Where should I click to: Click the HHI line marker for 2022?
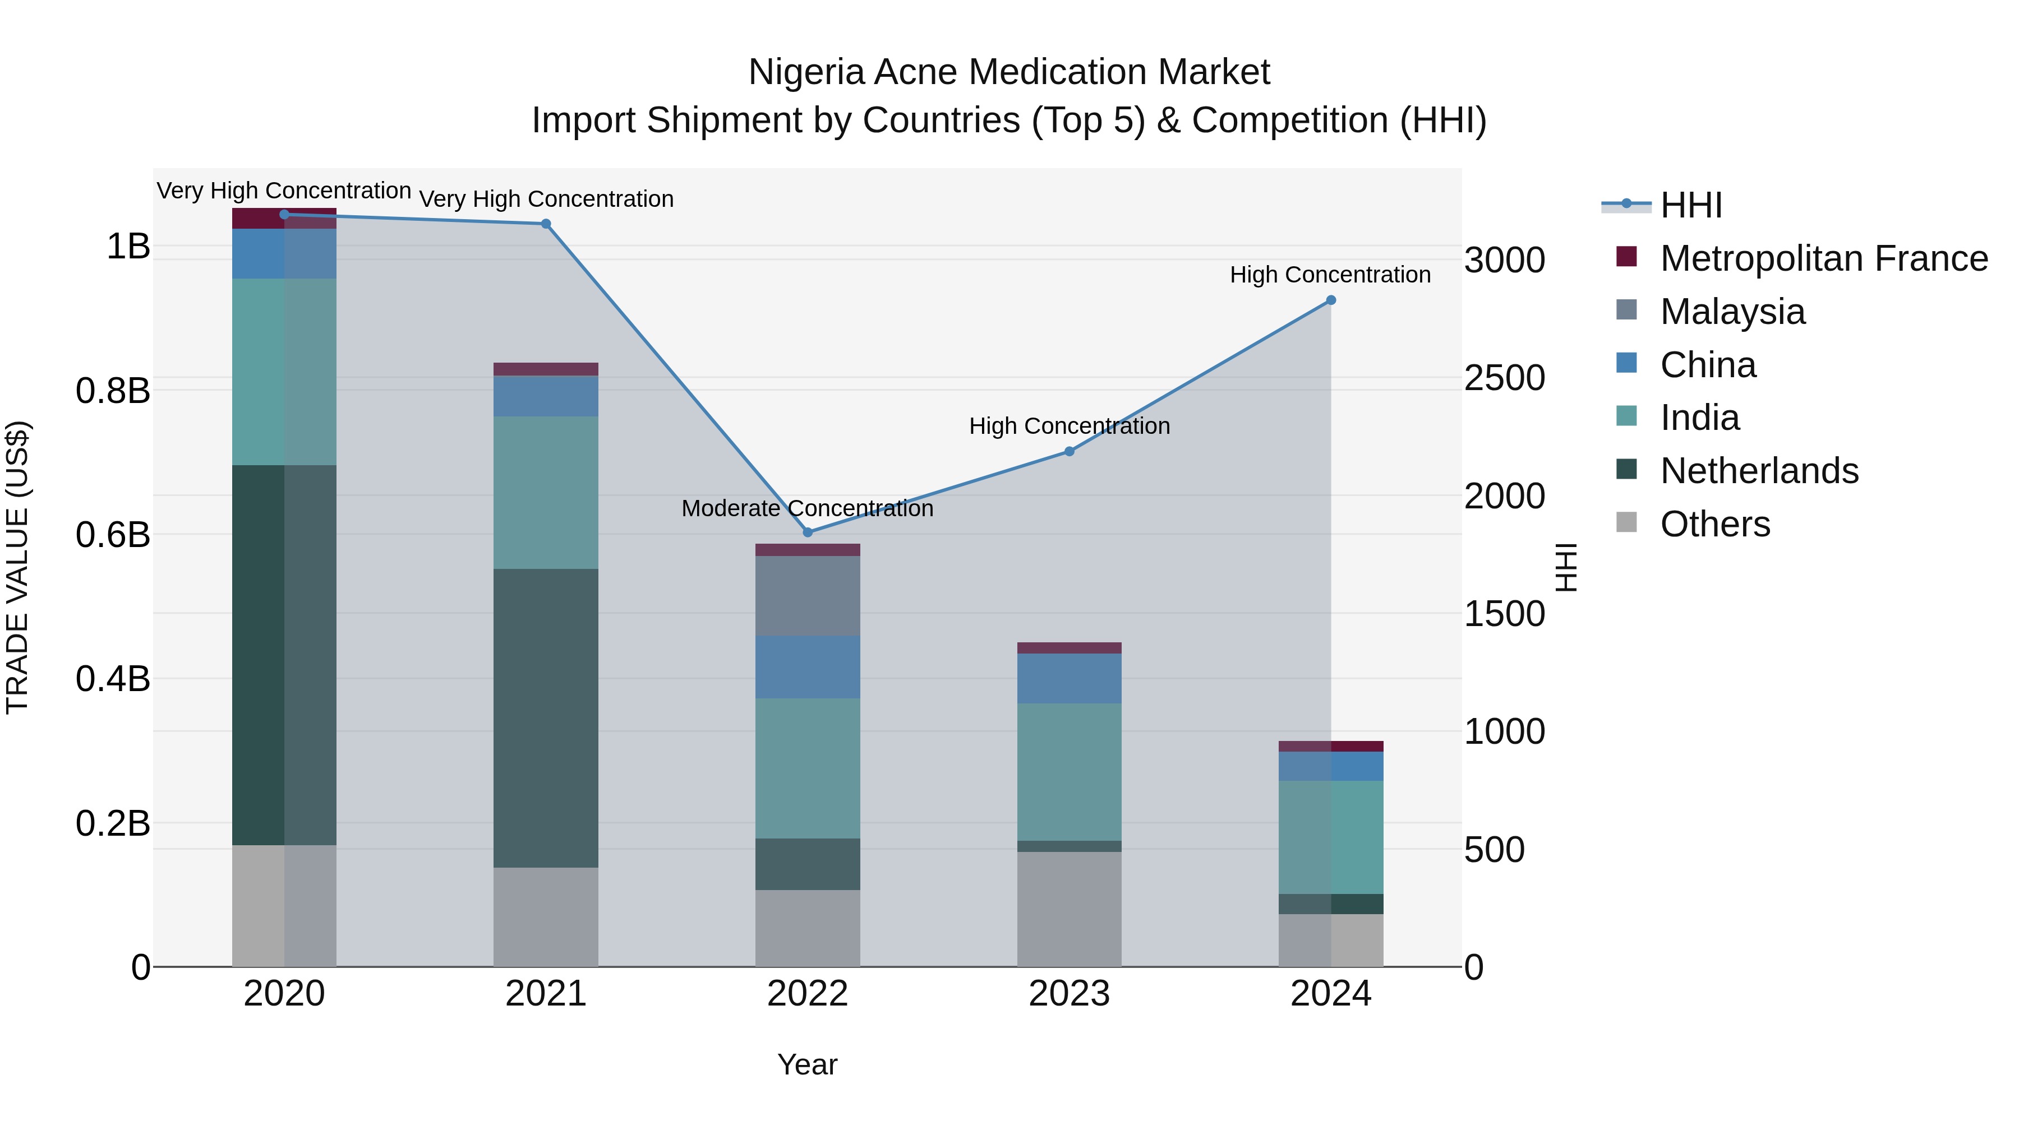click(807, 532)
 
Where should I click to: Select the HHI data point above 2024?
click(1330, 300)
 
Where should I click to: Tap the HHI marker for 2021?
click(546, 224)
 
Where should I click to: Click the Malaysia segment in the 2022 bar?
click(807, 595)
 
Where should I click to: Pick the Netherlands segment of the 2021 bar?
click(546, 717)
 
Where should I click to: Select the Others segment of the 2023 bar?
click(1069, 909)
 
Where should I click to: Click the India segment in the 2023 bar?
click(1069, 772)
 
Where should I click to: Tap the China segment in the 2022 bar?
click(807, 666)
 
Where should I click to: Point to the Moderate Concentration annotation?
click(807, 508)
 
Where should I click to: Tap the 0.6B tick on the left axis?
click(113, 535)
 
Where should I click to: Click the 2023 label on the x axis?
click(1069, 994)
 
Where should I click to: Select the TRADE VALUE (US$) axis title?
click(17, 567)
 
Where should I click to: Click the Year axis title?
click(807, 1064)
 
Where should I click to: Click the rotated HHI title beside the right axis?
click(1566, 567)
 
